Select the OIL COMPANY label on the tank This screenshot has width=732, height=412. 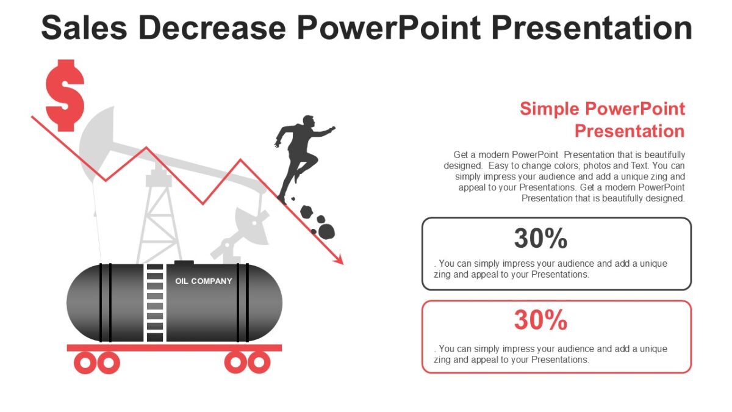[x=204, y=281]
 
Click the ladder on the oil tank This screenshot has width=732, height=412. [x=155, y=303]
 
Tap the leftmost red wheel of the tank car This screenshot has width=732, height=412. [x=85, y=363]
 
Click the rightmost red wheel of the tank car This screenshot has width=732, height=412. [x=259, y=363]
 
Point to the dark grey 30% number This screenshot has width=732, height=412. [x=540, y=238]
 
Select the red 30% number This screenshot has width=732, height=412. [x=540, y=320]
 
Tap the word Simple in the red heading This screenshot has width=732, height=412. [x=549, y=109]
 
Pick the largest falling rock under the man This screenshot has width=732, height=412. [x=327, y=231]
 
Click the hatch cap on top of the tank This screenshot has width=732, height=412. [x=184, y=263]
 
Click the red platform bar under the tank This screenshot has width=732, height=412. [x=174, y=348]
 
